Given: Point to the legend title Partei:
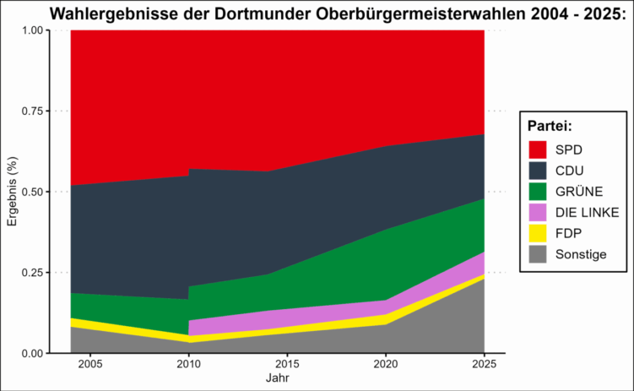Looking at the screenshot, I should point(550,125).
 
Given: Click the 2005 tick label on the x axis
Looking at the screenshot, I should point(91,365).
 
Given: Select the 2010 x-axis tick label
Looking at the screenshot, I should point(189,365).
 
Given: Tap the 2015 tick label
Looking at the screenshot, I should point(288,365).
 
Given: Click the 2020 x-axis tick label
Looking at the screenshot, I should point(386,365).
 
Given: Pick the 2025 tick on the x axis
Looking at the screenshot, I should point(484,365).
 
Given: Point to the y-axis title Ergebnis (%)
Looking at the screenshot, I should point(12,192).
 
